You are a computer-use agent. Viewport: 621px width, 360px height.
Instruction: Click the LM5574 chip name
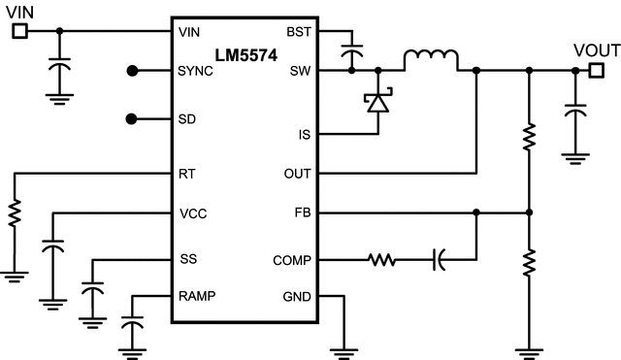point(242,55)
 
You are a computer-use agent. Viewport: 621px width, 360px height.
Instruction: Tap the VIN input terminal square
point(18,31)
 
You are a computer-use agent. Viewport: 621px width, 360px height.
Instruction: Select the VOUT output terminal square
point(596,70)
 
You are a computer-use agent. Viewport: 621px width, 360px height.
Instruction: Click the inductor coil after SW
point(431,60)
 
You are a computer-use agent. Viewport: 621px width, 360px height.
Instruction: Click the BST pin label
point(298,32)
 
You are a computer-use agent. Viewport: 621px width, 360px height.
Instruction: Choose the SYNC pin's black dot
point(134,71)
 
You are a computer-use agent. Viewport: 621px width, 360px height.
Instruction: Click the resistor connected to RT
point(15,213)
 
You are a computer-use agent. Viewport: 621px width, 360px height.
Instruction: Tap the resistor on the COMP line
point(381,259)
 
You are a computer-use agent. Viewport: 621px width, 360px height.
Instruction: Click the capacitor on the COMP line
point(439,259)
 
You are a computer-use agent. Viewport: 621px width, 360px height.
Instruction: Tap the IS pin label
point(303,134)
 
